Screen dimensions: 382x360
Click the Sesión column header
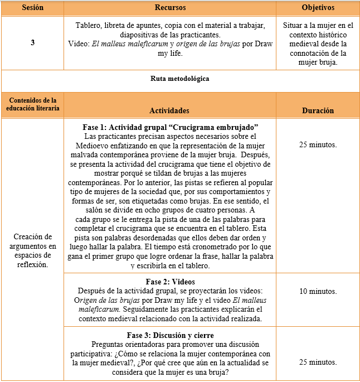[x=32, y=9]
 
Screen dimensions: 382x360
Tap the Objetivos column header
[x=318, y=9]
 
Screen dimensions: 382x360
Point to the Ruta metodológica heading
[x=180, y=79]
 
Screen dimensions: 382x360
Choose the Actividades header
[x=169, y=110]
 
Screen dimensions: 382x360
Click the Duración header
[x=318, y=110]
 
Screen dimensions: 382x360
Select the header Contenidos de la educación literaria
[x=32, y=104]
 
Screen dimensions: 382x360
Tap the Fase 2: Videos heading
[x=170, y=282]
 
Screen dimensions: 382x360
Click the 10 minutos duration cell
[x=318, y=292]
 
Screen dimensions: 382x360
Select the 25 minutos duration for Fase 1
[x=318, y=144]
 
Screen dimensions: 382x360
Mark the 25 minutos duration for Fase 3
[x=318, y=362]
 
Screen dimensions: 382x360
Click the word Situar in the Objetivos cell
[x=295, y=26]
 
